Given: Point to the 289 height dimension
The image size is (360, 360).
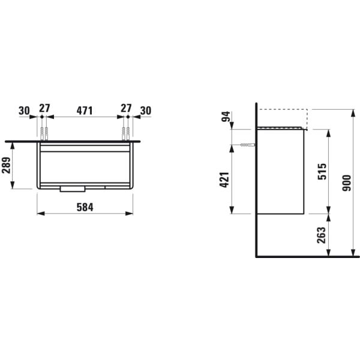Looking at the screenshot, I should click(7, 166).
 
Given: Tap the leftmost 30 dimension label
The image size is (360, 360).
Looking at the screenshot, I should click(24, 110).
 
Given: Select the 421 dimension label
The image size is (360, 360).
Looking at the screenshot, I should click(224, 179).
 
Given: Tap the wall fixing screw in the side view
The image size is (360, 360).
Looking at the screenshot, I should click(246, 145).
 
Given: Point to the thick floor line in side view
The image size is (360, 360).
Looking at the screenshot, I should click(306, 256).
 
